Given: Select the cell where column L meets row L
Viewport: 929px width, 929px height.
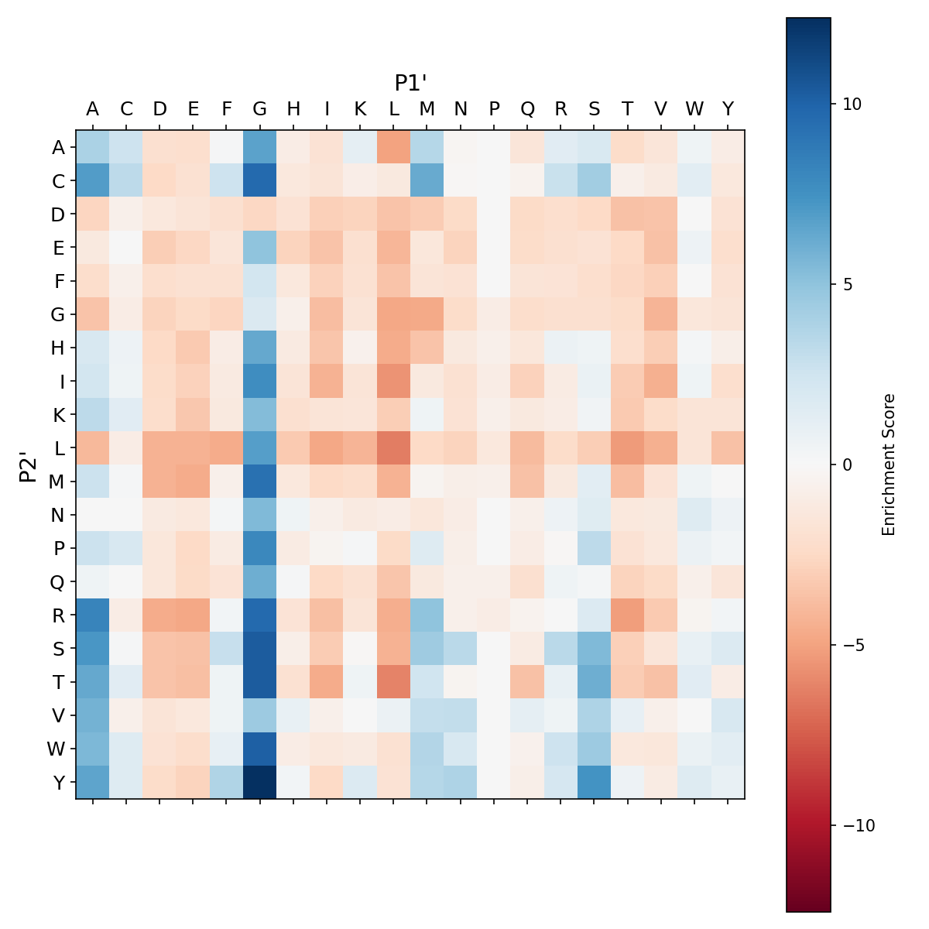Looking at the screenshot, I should click(x=394, y=447).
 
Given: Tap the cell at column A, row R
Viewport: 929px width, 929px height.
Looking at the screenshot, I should click(x=93, y=615).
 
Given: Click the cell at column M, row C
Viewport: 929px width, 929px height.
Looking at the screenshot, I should click(x=427, y=180).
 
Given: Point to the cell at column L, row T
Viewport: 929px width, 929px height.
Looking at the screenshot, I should click(x=394, y=682).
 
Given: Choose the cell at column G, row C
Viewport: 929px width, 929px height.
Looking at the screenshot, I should click(x=260, y=180).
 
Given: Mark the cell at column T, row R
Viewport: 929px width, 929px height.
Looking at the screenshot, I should click(x=628, y=615).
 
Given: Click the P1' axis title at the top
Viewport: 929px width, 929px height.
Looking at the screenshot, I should click(x=411, y=83).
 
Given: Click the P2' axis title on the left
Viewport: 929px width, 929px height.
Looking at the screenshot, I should click(x=28, y=464).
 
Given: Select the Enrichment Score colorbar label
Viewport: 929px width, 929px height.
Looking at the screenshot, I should click(x=889, y=464).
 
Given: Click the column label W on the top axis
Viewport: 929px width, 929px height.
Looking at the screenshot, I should click(x=694, y=109).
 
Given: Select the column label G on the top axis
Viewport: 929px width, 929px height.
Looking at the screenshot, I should click(x=260, y=109).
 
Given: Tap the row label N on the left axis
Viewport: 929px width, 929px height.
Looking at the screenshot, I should click(x=58, y=515).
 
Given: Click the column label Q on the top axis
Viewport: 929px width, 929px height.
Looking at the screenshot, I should click(x=527, y=109).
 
